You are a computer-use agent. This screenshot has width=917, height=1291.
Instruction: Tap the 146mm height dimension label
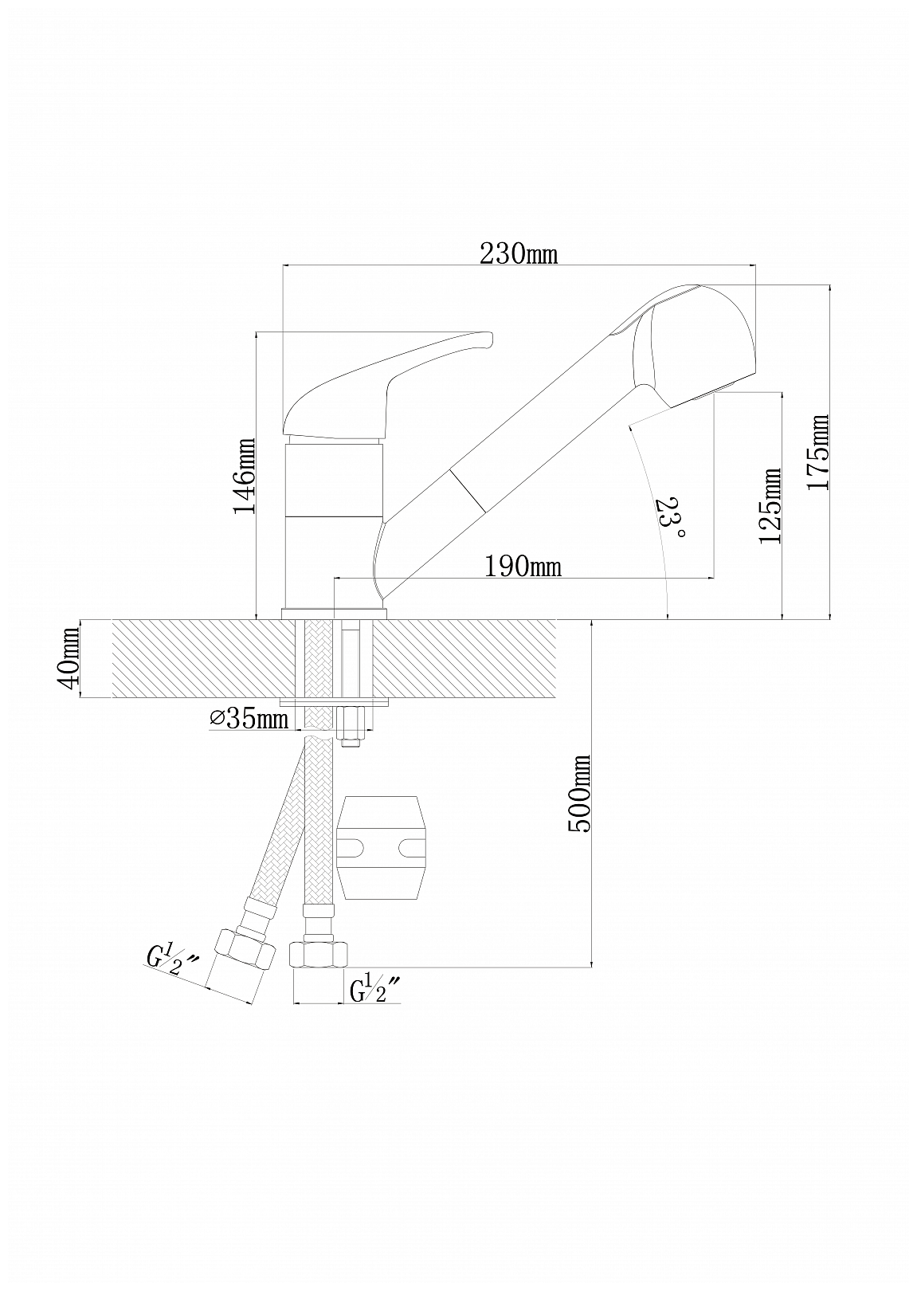244,476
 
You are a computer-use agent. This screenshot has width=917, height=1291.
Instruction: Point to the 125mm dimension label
770,505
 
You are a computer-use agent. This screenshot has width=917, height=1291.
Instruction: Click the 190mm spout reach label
523,566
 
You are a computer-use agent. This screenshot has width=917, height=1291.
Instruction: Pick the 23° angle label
668,517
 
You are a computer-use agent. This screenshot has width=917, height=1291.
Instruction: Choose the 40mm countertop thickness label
69,658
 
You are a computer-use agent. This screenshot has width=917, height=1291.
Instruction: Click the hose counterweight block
382,846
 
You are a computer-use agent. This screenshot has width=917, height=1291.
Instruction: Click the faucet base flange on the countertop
335,614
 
